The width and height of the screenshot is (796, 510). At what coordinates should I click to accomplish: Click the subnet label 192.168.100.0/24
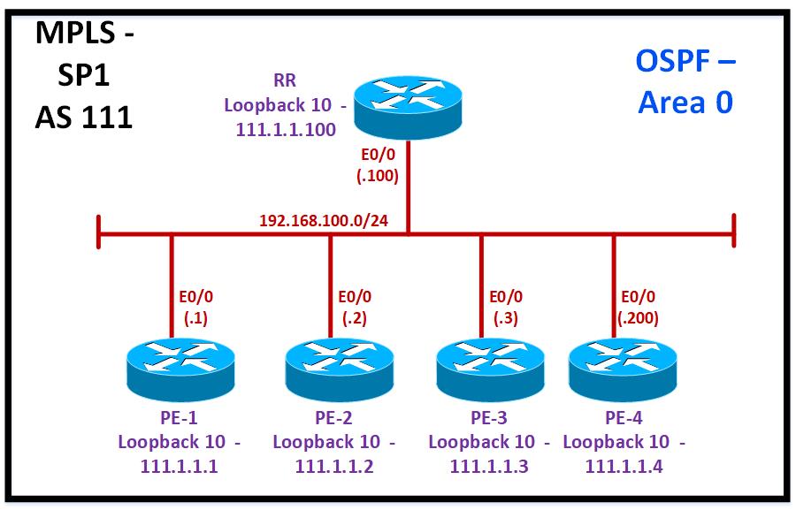324,219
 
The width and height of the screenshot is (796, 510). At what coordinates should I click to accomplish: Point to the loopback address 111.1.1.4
624,466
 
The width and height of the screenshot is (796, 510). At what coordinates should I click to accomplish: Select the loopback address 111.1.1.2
334,466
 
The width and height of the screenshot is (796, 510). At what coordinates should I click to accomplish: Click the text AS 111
84,116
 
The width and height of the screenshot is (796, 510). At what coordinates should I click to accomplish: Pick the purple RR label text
284,81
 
